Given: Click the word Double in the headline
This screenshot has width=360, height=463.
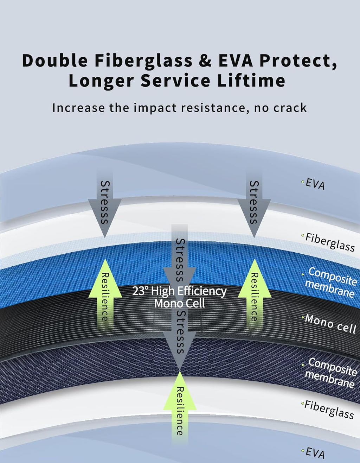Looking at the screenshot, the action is (x=55, y=60).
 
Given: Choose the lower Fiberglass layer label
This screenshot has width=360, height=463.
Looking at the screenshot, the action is (x=329, y=409).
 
